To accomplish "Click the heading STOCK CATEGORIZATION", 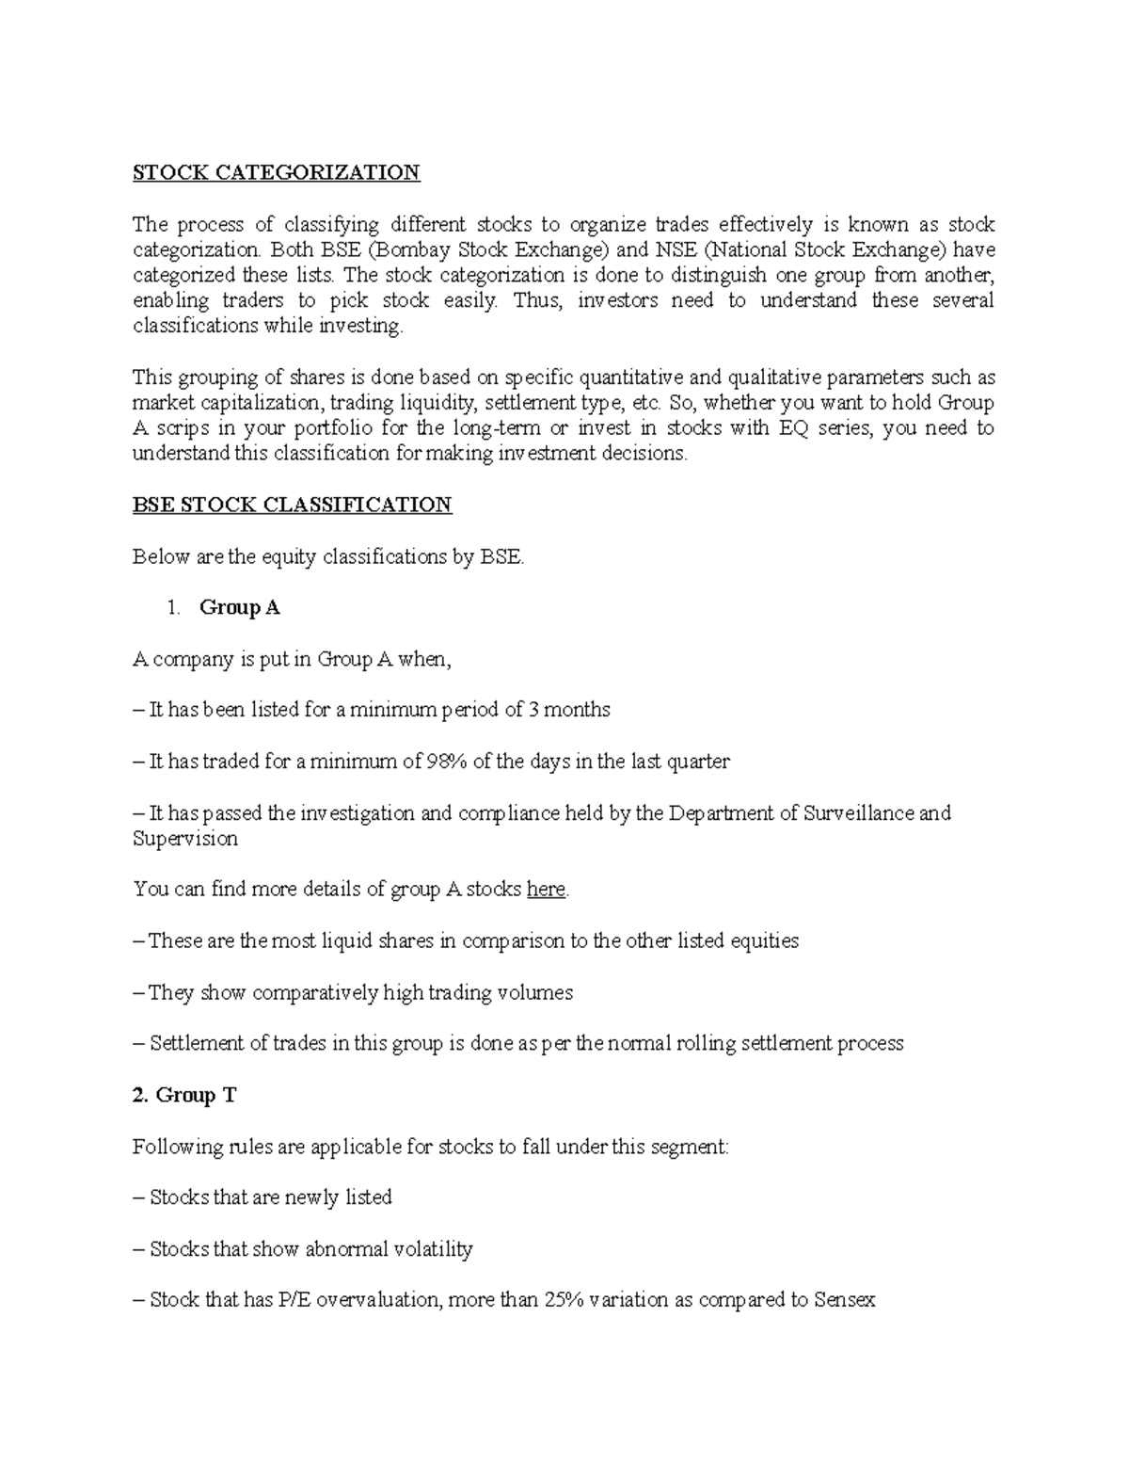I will [x=276, y=172].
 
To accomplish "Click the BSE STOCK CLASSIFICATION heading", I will [x=292, y=505].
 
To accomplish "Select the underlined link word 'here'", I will [x=546, y=889].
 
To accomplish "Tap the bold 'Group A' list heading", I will [x=240, y=607].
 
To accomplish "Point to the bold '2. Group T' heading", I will [x=184, y=1095].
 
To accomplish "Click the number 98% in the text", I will [x=447, y=762].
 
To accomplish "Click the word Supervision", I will [x=185, y=838].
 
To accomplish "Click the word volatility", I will [x=429, y=1249].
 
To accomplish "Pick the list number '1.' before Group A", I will [x=172, y=607].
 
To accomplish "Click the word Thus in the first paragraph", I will [x=535, y=301].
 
